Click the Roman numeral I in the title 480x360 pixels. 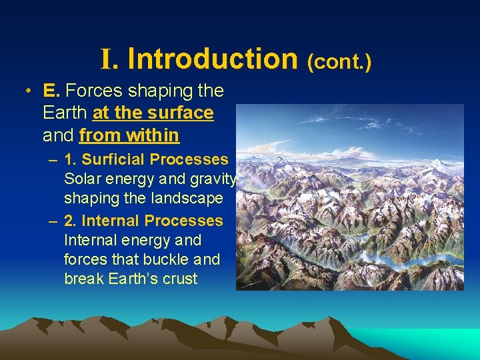(x=108, y=59)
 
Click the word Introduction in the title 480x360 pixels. (x=212, y=58)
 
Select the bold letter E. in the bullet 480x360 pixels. (x=52, y=90)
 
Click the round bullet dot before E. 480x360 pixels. (x=25, y=91)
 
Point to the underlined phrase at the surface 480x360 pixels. (x=153, y=113)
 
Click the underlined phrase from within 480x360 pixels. (x=129, y=135)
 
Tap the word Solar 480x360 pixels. (x=83, y=179)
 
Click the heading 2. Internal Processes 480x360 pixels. (x=143, y=220)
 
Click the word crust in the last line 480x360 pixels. (x=180, y=279)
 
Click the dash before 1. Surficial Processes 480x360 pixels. (x=52, y=160)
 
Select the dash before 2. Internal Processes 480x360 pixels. (x=52, y=221)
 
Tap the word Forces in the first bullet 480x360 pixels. (x=89, y=90)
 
